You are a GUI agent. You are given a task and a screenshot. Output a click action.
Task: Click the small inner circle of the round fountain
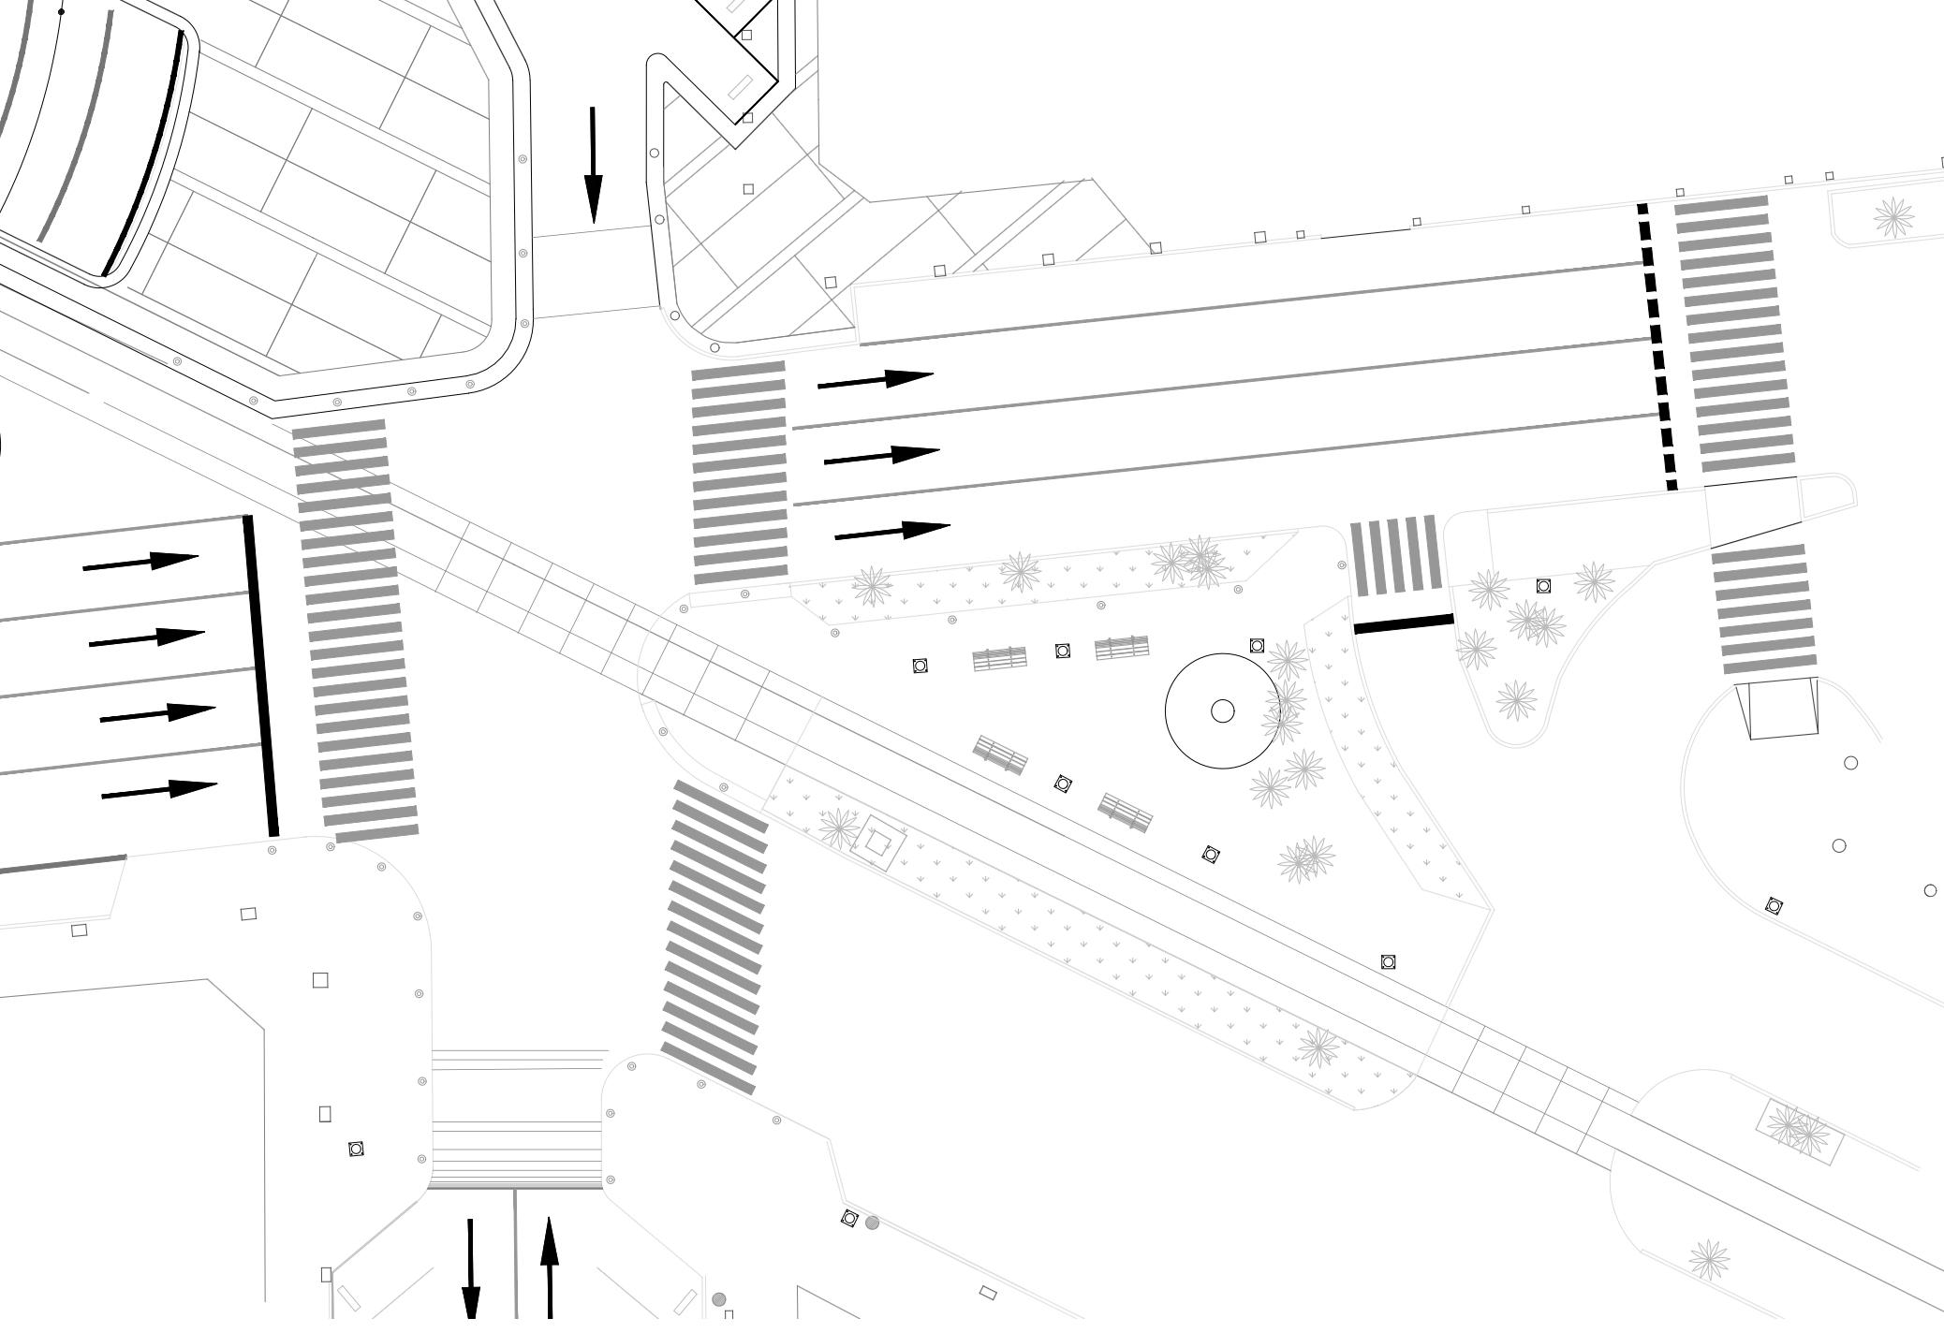pyautogui.click(x=1222, y=711)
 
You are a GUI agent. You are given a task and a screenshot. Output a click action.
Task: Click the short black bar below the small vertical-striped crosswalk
pyautogui.click(x=1404, y=623)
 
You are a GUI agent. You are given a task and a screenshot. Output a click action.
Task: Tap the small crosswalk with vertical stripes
pyautogui.click(x=1394, y=555)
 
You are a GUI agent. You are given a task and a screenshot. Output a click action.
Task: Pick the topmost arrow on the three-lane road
pyautogui.click(x=876, y=380)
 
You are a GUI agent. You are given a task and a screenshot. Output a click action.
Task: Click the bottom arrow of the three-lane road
pyautogui.click(x=891, y=532)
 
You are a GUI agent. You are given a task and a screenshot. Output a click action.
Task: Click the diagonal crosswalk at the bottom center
pyautogui.click(x=714, y=936)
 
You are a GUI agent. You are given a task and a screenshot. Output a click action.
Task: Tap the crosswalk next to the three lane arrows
pyautogui.click(x=740, y=474)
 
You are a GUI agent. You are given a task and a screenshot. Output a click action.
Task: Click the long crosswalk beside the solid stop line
pyautogui.click(x=355, y=630)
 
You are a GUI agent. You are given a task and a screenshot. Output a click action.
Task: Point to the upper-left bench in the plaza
pyautogui.click(x=999, y=659)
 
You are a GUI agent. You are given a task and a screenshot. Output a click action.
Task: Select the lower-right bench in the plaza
pyautogui.click(x=1125, y=812)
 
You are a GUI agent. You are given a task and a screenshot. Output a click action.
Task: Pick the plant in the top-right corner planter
pyautogui.click(x=1893, y=218)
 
